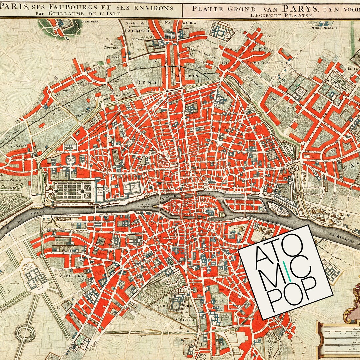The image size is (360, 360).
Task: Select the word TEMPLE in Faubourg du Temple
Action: (258, 62)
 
